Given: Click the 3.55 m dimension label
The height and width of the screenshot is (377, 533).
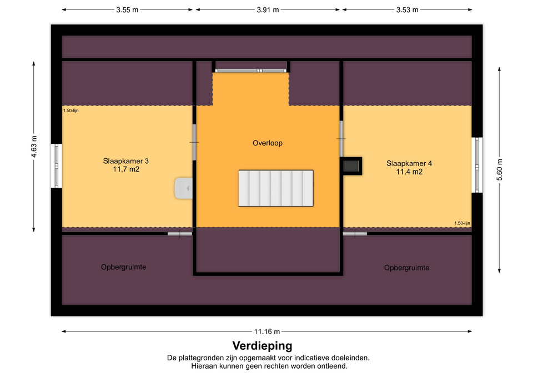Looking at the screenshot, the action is pos(127,10).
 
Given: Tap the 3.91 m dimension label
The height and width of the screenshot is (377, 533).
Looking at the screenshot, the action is pos(268,10).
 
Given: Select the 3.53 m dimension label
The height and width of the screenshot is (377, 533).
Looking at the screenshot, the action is pos(407,10).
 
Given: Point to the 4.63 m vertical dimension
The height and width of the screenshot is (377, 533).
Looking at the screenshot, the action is pos(34,147).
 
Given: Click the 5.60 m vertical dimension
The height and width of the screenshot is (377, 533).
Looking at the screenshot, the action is pos(499,170).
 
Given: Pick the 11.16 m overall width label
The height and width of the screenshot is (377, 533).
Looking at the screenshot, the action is pos(267,331).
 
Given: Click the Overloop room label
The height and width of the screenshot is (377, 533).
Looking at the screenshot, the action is pos(268,143).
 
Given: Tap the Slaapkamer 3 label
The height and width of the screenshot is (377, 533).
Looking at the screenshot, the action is pos(126,161).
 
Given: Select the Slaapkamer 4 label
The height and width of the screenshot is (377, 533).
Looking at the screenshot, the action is pos(409,163).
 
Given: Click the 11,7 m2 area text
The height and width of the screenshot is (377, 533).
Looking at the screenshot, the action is pos(126,169).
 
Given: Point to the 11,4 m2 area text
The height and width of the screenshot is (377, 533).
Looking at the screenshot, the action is pos(409,172).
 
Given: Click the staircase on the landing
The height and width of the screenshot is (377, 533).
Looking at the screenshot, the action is pos(276,188).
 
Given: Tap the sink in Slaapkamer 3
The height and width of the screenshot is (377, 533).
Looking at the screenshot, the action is pos(184,188).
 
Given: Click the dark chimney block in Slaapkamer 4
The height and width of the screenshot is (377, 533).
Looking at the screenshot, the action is pos(351,166).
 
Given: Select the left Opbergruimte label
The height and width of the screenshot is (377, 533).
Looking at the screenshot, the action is pos(123,267).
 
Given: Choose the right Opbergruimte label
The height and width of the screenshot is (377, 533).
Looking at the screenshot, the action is pos(406,268).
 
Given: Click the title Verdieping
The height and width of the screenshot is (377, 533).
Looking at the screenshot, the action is pos(262,346).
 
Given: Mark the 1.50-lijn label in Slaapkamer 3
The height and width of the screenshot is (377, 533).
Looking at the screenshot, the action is pos(71,110).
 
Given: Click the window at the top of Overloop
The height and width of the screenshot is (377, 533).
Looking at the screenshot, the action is pos(251,71).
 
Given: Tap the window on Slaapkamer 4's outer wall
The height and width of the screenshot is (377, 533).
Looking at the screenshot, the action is pos(477,165).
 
